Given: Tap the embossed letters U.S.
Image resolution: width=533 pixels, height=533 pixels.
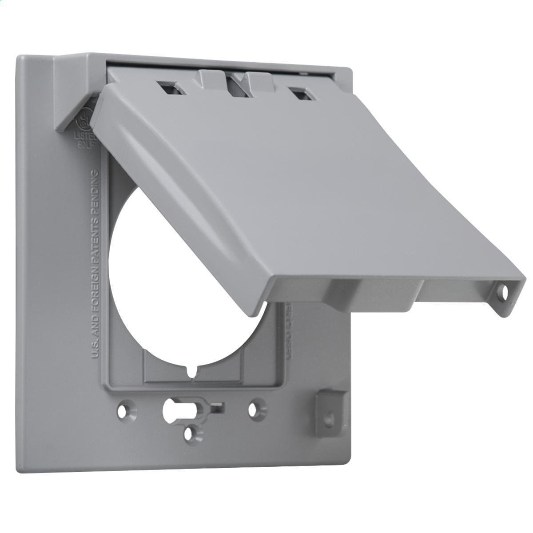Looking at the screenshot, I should coord(95,351).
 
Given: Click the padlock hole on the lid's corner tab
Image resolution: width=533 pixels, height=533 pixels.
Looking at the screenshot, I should coord(504,292).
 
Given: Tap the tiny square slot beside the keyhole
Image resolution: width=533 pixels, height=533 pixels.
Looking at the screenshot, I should coord(218,406).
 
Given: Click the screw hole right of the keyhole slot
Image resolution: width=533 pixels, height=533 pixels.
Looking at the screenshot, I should coord(254,409).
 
